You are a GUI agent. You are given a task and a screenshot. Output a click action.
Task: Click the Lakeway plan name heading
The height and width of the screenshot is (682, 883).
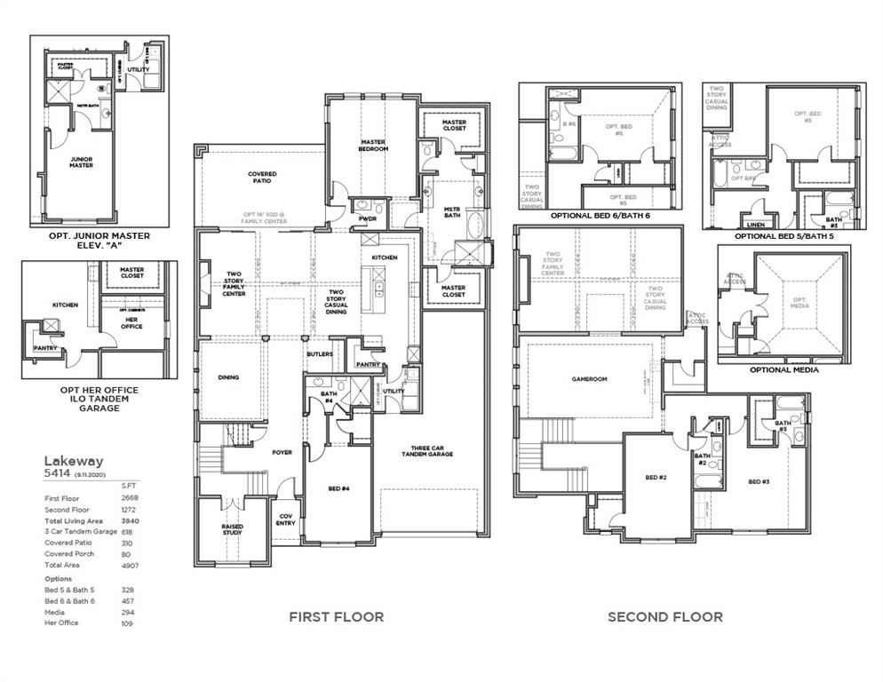74,461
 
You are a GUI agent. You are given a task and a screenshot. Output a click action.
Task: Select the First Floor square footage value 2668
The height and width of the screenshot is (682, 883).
130,498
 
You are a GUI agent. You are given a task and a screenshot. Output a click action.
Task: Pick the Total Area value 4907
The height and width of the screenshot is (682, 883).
130,565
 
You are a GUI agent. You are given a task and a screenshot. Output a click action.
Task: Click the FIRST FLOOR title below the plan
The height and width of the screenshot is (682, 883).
336,616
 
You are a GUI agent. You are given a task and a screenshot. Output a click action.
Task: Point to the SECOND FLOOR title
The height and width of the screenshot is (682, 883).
664,616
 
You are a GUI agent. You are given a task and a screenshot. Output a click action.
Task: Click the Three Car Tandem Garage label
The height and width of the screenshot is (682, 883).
432,450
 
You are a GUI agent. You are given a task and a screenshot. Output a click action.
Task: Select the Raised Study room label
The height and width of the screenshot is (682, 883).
233,529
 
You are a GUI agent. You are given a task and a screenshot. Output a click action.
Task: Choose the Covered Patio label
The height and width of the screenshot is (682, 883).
262,178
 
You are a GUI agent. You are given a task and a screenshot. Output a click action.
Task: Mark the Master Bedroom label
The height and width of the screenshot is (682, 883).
373,145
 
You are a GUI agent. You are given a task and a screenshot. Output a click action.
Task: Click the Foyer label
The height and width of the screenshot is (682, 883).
282,452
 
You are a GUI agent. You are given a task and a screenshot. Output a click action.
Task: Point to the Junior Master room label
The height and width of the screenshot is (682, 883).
82,163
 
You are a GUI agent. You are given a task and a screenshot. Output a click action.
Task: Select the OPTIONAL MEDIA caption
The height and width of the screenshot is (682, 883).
783,369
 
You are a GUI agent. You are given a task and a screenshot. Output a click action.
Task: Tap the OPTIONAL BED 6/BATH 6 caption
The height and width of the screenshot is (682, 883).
600,215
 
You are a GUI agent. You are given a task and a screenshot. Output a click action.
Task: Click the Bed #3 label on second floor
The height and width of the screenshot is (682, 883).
758,481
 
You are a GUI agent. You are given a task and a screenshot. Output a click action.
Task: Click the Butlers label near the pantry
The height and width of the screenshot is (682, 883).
319,353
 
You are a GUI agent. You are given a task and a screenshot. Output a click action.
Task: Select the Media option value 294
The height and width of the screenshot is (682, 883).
130,612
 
